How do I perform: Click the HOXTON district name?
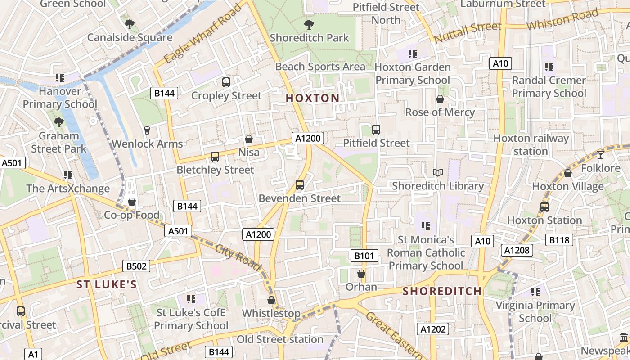[x=313, y=98]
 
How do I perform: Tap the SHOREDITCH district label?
[x=442, y=291]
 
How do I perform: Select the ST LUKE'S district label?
[x=106, y=284]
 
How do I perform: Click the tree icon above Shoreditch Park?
[x=309, y=24]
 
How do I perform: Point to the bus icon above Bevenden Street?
[x=299, y=184]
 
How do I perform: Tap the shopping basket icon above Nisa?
[x=248, y=139]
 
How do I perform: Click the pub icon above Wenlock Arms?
[x=147, y=130]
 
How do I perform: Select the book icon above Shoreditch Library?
[x=437, y=172]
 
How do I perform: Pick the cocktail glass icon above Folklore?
[x=600, y=155]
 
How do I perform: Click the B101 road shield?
[x=364, y=256]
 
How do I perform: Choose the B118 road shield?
[x=559, y=240]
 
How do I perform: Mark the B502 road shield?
[x=136, y=266]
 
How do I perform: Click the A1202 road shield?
[x=433, y=329]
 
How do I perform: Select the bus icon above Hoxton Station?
[x=544, y=207]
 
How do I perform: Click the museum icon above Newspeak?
[x=624, y=337]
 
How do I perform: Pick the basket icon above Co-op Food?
[x=132, y=201]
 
